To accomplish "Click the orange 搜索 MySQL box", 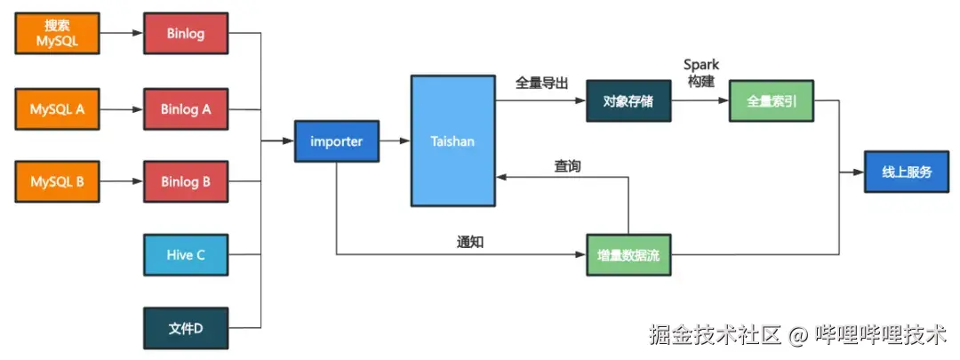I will tap(58, 34).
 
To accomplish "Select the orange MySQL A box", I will tap(58, 110).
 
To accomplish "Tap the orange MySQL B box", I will tap(58, 182).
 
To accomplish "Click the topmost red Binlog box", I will tap(186, 34).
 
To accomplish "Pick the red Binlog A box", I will tap(186, 110).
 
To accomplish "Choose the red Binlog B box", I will tap(186, 182).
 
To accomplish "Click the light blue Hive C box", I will tap(186, 255).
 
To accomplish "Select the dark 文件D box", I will tap(186, 328).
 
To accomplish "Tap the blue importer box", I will tap(337, 141).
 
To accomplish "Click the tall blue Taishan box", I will tap(452, 140).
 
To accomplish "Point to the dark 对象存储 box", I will tap(628, 100).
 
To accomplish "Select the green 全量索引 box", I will tap(771, 100).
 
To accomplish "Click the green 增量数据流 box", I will tap(628, 255).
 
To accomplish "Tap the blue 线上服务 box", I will tap(907, 172).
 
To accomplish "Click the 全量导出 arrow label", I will tap(541, 83).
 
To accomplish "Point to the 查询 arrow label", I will tap(567, 166).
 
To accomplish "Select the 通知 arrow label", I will tap(470, 242).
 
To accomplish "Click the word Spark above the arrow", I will tap(700, 65).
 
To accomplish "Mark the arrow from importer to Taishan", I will tap(394, 141).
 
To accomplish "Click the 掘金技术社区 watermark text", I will tap(716, 335).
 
